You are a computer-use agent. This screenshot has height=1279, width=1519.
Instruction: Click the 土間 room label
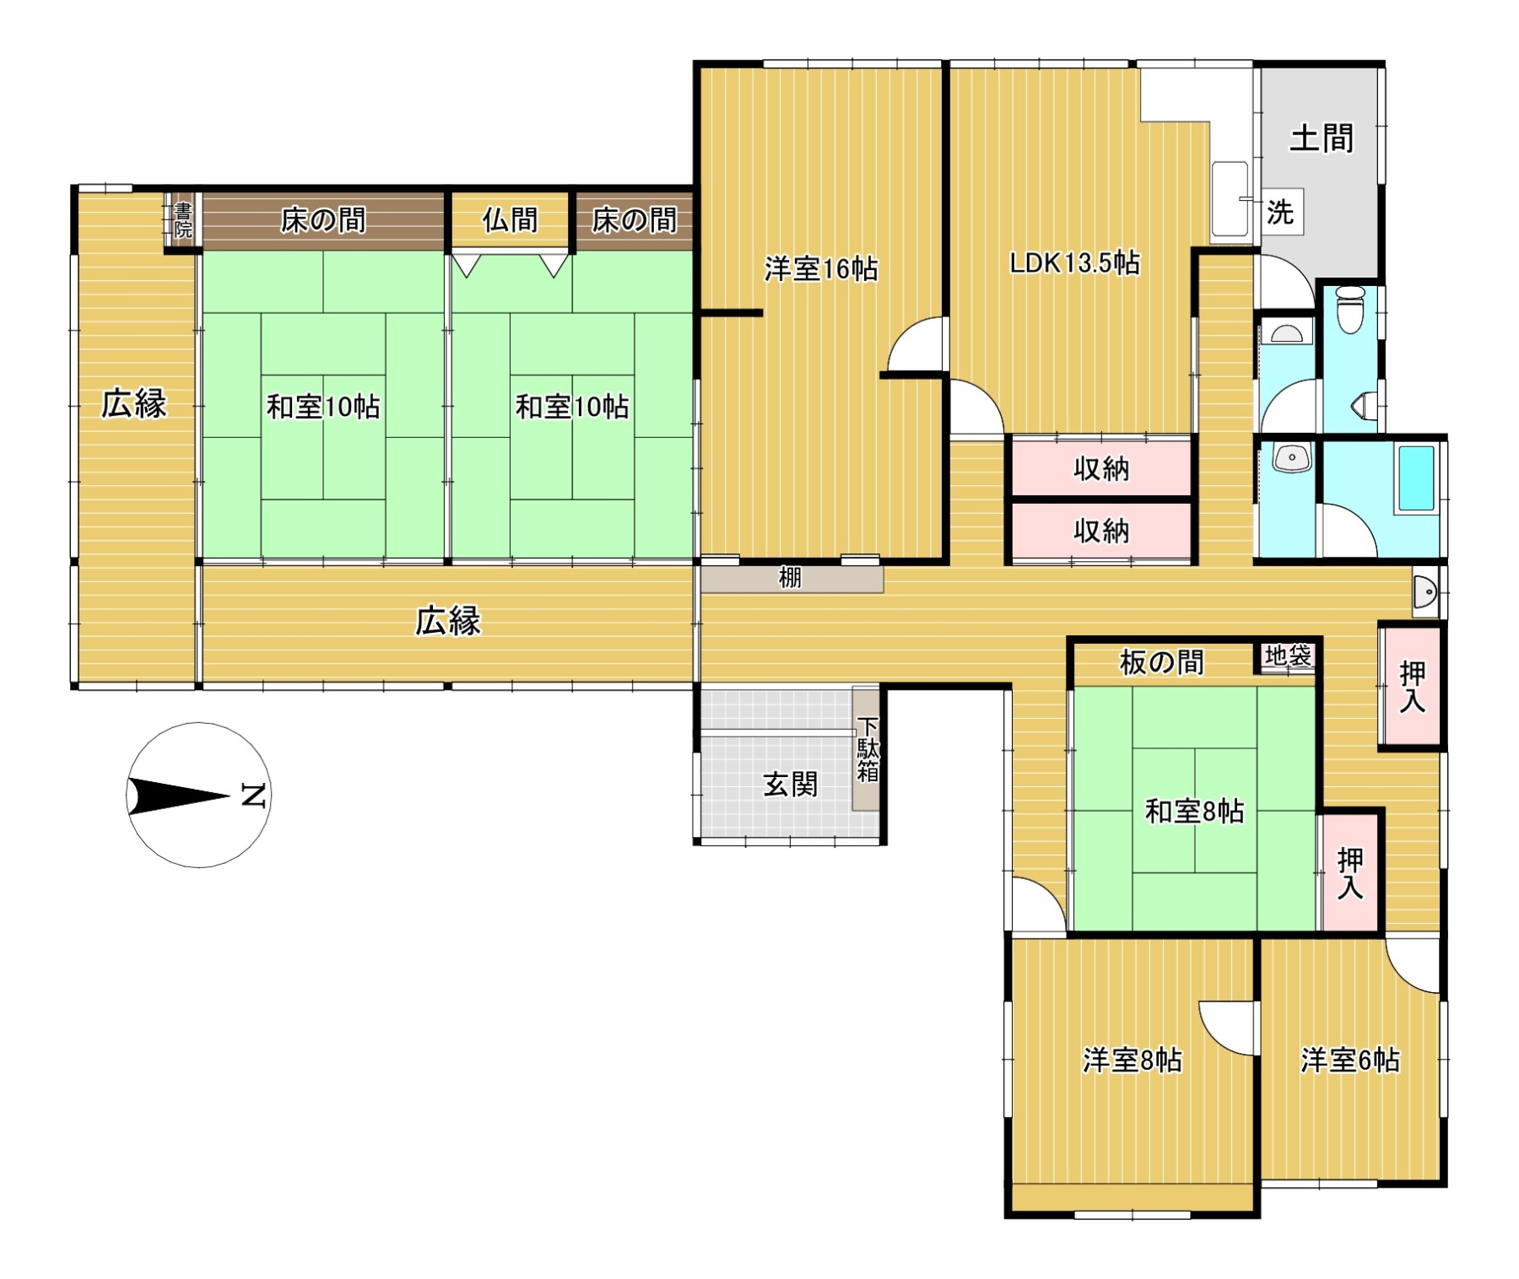click(1322, 138)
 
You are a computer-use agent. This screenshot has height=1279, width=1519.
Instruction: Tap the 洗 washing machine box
click(1280, 212)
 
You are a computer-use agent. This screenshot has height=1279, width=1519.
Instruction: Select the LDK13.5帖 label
click(1075, 263)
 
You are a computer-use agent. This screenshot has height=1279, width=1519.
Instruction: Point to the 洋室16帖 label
click(821, 269)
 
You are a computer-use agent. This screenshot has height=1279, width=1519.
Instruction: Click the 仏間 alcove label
click(510, 220)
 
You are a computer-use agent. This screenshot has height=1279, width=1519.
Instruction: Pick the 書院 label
click(182, 220)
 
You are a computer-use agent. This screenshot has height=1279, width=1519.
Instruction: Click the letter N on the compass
click(253, 796)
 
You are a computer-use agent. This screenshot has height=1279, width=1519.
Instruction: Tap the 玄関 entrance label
click(791, 785)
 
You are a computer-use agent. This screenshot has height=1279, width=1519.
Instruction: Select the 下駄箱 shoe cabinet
click(867, 749)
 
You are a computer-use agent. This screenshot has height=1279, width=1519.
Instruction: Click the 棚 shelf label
click(790, 579)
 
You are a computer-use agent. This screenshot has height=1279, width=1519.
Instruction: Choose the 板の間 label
click(1161, 663)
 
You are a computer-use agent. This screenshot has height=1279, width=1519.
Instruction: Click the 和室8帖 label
click(1194, 812)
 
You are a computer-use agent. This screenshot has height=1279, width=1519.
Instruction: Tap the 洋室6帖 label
click(1350, 1060)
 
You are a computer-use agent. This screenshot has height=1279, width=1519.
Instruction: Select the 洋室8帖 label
click(1132, 1060)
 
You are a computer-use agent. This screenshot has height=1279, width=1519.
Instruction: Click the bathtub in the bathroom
click(1416, 478)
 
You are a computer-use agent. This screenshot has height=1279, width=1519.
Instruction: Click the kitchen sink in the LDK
click(1230, 199)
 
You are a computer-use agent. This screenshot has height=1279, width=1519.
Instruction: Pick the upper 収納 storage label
click(1101, 469)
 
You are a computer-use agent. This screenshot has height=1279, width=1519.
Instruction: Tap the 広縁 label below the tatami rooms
click(448, 622)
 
